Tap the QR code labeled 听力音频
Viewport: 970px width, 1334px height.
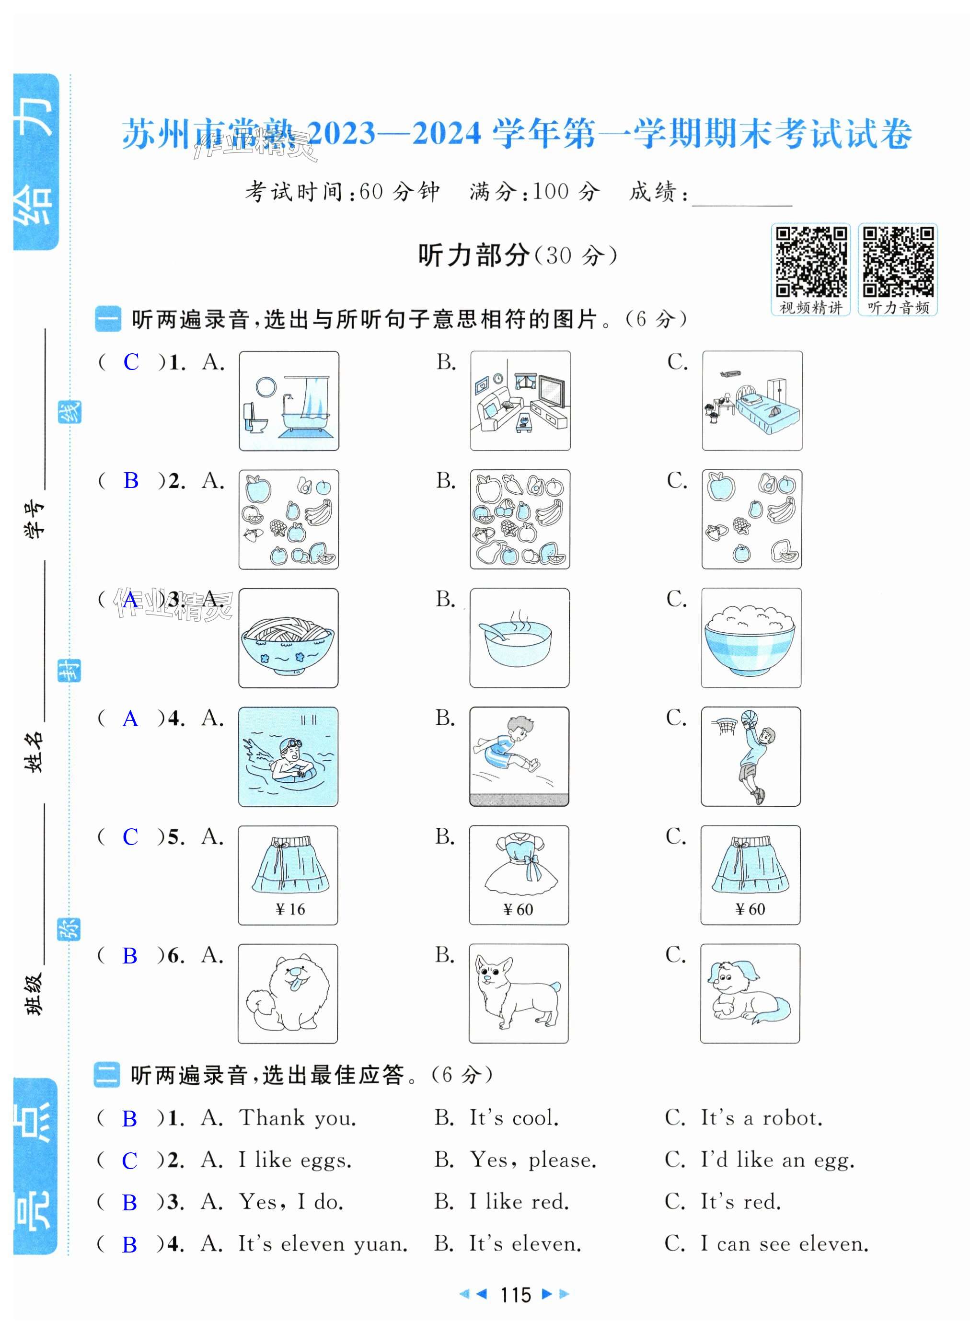898,261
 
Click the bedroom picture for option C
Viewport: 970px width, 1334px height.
752,401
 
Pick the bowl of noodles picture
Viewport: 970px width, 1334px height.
288,638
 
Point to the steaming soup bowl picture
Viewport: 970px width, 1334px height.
520,638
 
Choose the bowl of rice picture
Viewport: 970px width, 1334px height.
751,638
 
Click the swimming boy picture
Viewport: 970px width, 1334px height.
288,757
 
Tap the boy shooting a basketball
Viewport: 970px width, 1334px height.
751,757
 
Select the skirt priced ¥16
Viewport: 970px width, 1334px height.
288,875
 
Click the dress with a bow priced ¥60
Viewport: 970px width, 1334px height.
519,875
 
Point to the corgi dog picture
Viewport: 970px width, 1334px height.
518,994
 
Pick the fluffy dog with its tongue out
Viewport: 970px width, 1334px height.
288,994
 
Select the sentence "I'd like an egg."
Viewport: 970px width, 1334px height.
777,1160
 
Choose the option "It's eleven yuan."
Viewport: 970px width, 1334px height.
323,1244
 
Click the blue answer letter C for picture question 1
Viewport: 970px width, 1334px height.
131,362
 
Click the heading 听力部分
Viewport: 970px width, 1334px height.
474,255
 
